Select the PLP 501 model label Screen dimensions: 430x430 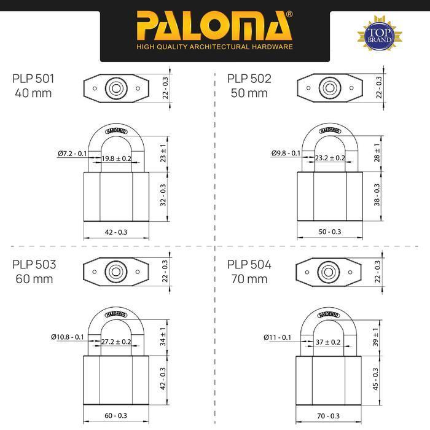tap(33, 85)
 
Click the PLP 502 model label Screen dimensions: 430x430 tap(249, 85)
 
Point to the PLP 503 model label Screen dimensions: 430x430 tap(34, 272)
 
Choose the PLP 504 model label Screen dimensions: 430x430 tap(249, 272)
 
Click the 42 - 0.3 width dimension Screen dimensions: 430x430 tap(117, 232)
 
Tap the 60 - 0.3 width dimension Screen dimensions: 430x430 tap(117, 415)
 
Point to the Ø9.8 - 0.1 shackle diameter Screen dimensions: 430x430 tap(286, 153)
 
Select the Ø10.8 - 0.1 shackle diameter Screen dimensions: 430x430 tap(68, 337)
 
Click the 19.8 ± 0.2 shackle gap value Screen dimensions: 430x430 tap(117, 158)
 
